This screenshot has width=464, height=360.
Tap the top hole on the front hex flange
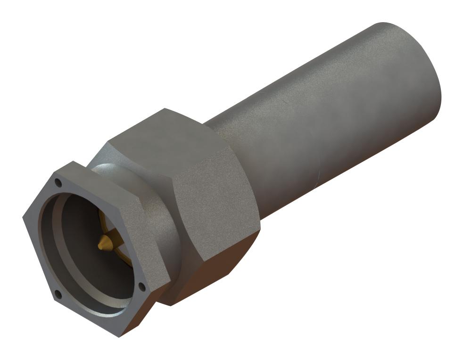click(58, 182)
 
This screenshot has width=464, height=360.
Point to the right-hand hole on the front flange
click(142, 286)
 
